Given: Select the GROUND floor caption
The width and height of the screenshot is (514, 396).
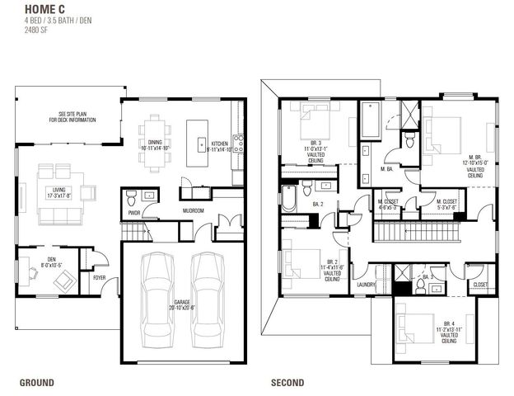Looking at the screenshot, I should tap(37, 382).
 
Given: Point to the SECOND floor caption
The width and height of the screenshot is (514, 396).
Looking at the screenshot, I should tap(287, 382).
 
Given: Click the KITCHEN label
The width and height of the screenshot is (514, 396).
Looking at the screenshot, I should tap(217, 143).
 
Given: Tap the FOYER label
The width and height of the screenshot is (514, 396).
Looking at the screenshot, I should tap(100, 278).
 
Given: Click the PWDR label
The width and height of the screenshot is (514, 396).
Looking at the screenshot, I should tap(133, 211).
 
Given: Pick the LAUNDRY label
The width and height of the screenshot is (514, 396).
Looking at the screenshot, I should tap(366, 285).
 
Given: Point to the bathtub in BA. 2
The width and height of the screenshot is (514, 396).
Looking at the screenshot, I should tap(289, 198).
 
